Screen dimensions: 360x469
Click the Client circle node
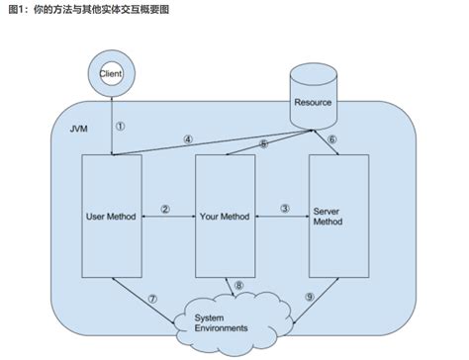coord(112,72)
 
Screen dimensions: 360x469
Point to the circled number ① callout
coord(121,127)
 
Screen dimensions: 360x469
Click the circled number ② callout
coord(166,209)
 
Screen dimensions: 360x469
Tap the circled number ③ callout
coord(285,209)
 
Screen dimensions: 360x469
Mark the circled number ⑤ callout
coord(262,143)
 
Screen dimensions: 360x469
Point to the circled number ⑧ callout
coord(237,287)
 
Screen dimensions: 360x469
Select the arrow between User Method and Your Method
coord(169,218)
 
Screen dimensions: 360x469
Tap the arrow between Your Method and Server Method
coord(283,218)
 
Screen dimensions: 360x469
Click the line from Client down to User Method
coord(112,124)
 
